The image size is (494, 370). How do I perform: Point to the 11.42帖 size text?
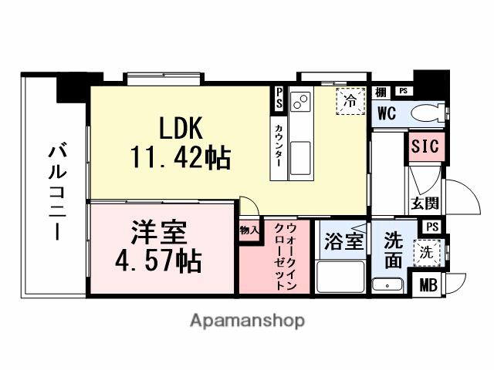click(180, 158)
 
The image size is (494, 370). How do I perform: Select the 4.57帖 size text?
click(157, 260)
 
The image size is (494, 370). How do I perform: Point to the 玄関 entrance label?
click(424, 204)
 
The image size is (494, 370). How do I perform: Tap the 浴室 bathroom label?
click(343, 240)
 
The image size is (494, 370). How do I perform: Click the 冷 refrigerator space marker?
click(350, 100)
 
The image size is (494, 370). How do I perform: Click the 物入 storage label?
click(249, 229)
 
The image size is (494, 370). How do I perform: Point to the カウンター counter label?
click(276, 146)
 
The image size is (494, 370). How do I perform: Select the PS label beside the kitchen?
click(279, 99)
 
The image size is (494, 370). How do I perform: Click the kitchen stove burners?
click(300, 102)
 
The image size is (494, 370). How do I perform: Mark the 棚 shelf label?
click(381, 92)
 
